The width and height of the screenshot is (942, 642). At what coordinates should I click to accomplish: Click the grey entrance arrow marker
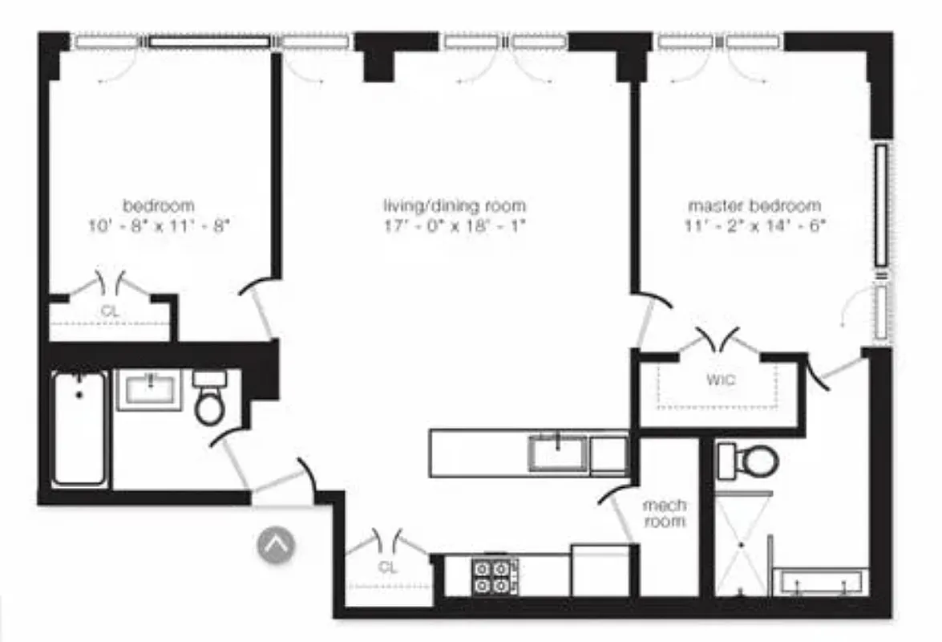(x=276, y=545)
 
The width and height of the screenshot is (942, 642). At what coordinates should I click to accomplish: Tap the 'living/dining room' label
(x=455, y=205)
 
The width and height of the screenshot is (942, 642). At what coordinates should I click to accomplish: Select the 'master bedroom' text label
(x=754, y=205)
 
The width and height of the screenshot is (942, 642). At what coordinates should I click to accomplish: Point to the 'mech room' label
(x=665, y=514)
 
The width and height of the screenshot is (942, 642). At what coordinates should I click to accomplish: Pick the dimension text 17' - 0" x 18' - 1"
(x=455, y=226)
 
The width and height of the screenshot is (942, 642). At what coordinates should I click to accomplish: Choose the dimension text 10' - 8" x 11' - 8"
(x=159, y=226)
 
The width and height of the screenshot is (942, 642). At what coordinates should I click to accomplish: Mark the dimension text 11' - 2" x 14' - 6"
(x=754, y=226)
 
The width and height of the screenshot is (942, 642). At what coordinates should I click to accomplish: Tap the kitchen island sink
(x=558, y=453)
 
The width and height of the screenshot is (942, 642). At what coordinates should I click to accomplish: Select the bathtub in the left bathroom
(x=79, y=429)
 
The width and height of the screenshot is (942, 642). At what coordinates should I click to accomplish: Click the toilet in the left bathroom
(x=211, y=399)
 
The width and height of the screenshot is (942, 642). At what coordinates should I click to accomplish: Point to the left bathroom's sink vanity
(x=149, y=390)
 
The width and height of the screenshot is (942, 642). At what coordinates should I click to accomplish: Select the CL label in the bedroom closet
(x=111, y=311)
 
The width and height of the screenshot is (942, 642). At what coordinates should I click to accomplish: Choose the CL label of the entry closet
(x=388, y=567)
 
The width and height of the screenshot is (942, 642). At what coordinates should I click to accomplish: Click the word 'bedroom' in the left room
(x=159, y=205)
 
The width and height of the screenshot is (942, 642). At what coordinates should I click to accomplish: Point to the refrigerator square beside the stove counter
(x=599, y=571)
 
